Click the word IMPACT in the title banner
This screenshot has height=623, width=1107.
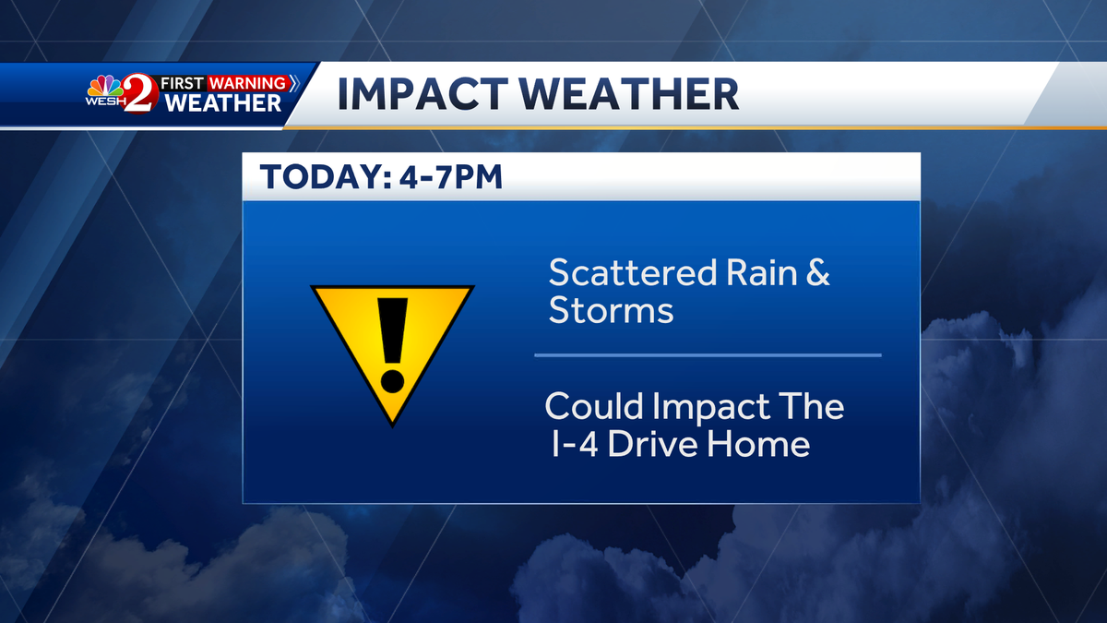pos(423,94)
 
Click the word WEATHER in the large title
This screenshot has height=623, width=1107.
pos(628,94)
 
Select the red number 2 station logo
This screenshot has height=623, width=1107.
pos(140,93)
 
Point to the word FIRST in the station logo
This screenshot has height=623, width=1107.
pos(182,83)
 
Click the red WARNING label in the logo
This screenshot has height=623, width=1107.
pos(247,83)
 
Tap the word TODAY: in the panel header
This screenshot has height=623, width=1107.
pos(327,176)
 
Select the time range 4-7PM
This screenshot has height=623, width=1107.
pos(451,176)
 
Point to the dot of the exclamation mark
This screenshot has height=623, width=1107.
pos(392,381)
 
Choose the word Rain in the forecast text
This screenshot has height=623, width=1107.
pos(762,272)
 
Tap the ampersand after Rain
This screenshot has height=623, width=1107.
pos(818,272)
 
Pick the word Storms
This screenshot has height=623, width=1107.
pos(612,310)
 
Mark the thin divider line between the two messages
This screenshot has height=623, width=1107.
pos(708,355)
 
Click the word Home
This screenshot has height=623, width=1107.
pos(758,444)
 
